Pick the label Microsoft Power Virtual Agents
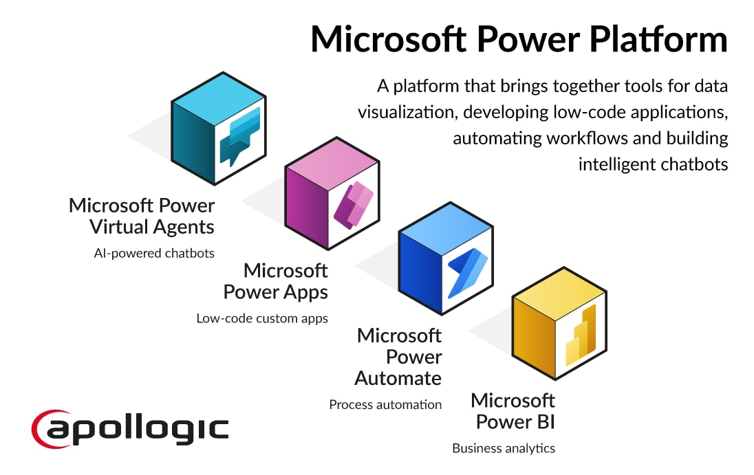pos(142,216)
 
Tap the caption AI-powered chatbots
pos(154,253)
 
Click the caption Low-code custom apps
pos(262,318)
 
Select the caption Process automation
pos(385,404)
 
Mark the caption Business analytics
pos(503,448)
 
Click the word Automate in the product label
pos(398,378)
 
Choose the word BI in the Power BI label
pos(543,421)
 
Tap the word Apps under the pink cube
pos(303,292)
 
